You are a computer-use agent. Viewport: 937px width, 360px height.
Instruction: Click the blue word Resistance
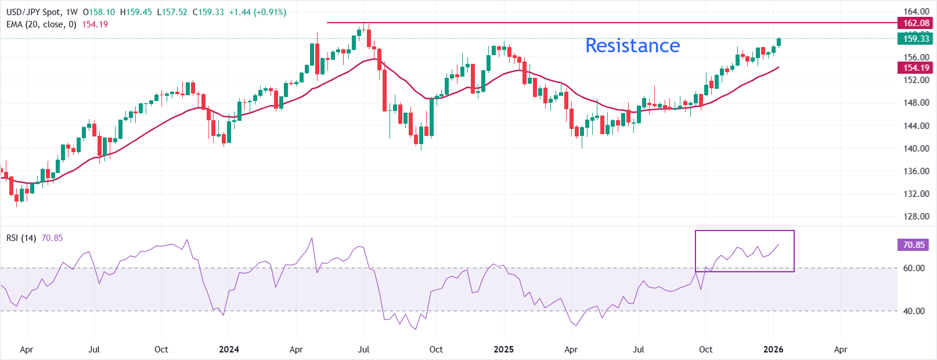click(x=632, y=45)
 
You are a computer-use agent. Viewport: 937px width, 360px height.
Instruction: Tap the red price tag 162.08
click(x=916, y=23)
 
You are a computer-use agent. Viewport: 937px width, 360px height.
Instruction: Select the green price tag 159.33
click(x=916, y=39)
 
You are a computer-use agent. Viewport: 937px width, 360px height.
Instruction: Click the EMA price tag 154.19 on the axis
click(x=916, y=68)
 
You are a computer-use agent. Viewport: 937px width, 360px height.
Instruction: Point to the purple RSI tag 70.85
click(x=913, y=245)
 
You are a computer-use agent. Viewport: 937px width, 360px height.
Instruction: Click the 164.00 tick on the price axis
click(x=916, y=12)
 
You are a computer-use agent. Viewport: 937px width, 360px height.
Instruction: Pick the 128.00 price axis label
click(x=916, y=217)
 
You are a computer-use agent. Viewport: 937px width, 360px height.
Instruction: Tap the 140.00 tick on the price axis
click(x=916, y=149)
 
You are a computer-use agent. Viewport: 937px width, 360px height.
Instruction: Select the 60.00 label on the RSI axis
click(x=914, y=268)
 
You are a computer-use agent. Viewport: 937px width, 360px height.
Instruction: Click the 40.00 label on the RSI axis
click(x=914, y=311)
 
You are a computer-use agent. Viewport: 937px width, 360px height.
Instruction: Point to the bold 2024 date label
click(x=229, y=350)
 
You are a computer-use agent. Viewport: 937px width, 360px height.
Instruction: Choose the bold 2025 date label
click(x=503, y=350)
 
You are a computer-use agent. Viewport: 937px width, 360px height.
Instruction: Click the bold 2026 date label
click(x=773, y=350)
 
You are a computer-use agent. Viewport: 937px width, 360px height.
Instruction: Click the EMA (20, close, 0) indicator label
click(x=41, y=24)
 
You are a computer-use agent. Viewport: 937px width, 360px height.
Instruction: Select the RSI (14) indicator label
click(x=21, y=238)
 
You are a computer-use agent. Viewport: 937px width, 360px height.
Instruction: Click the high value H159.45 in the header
click(x=136, y=12)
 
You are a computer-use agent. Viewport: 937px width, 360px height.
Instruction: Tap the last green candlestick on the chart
click(x=779, y=42)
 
